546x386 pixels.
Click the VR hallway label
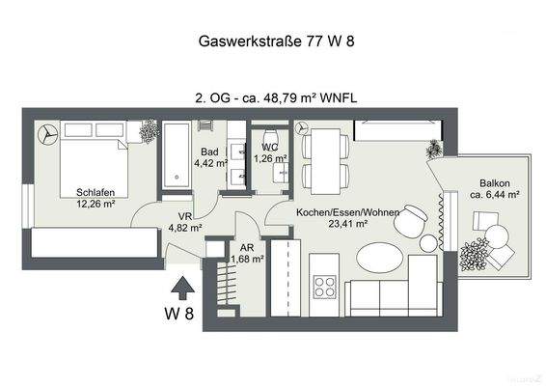coord(183,216)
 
